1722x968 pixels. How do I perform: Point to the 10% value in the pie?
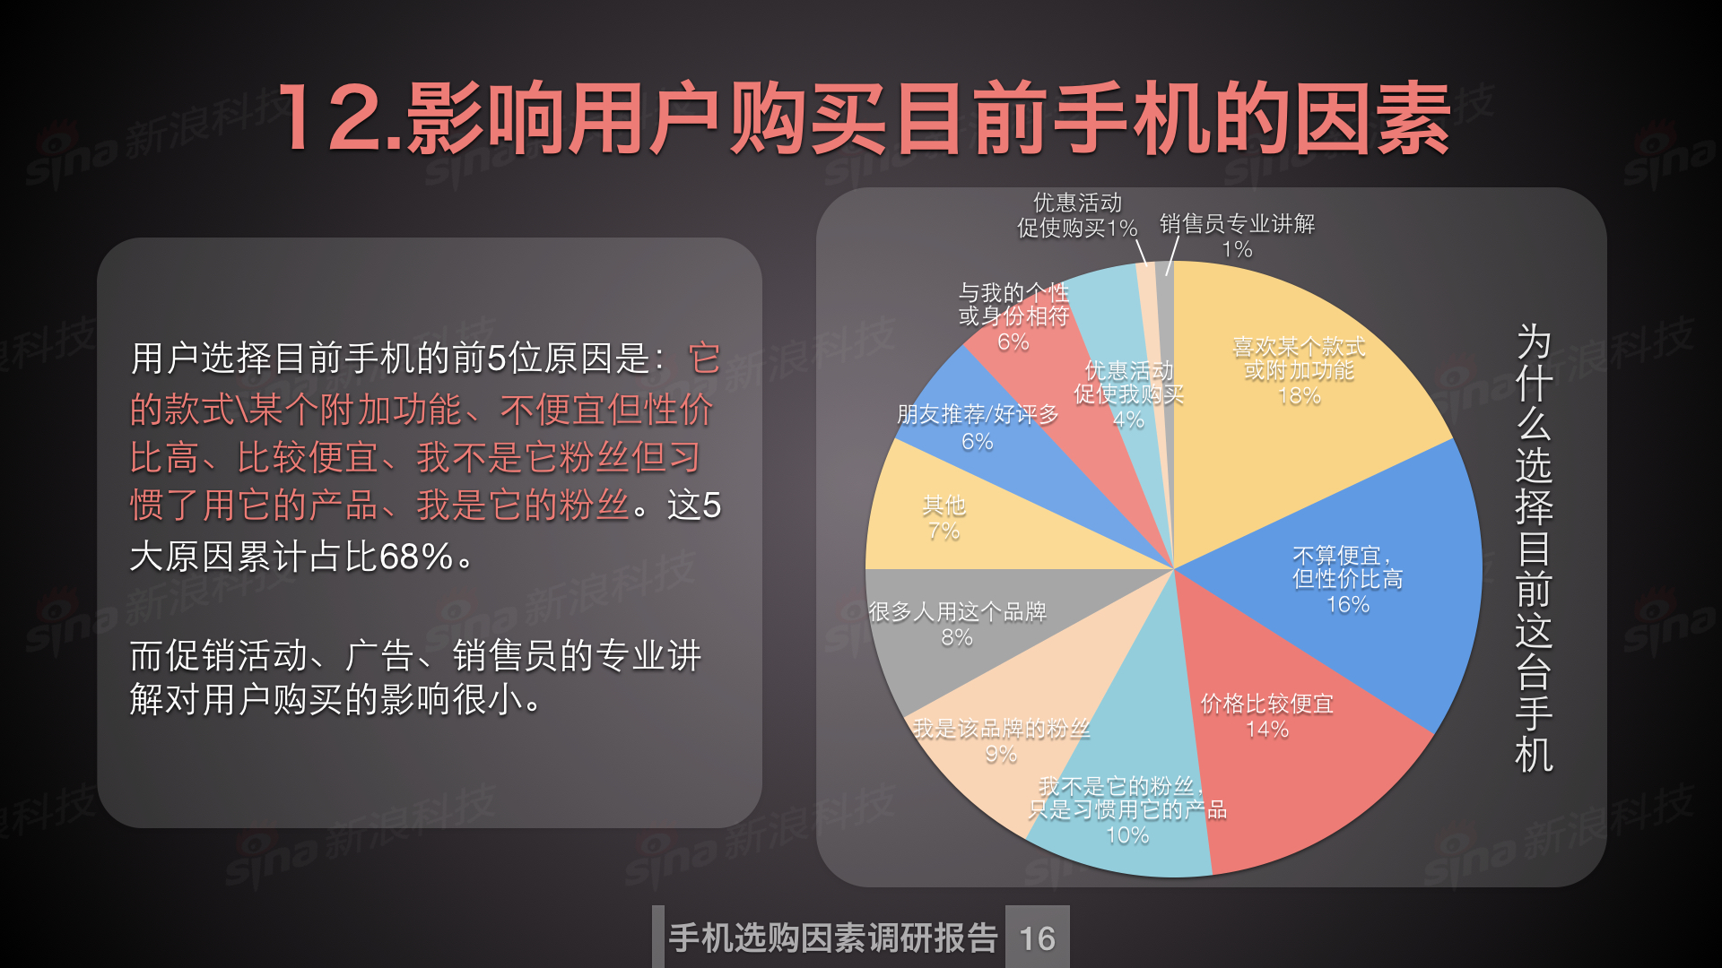click(1127, 835)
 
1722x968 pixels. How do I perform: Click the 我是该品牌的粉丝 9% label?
click(1001, 741)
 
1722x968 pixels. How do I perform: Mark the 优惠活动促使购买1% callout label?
click(1077, 215)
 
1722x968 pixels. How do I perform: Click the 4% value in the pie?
click(1128, 419)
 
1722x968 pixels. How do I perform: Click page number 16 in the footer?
click(1038, 938)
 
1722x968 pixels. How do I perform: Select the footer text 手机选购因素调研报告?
click(833, 938)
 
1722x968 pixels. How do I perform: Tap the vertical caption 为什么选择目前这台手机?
click(1534, 548)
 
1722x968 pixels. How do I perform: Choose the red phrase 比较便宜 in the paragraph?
click(308, 458)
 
